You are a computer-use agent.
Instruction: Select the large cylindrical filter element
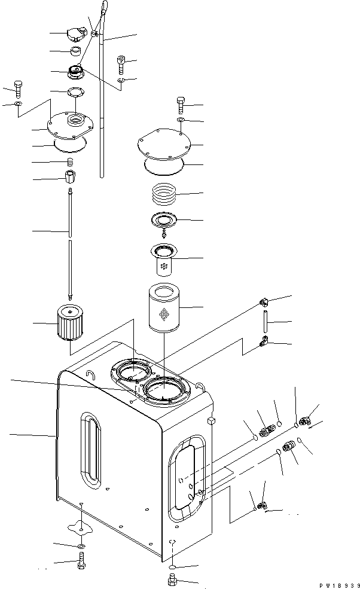(163, 310)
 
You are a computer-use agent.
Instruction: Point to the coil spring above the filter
(163, 195)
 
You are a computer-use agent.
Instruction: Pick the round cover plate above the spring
(163, 145)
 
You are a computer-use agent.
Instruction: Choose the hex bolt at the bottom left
(81, 562)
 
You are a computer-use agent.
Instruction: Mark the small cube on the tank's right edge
(210, 422)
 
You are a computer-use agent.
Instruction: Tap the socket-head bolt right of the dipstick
(122, 62)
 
